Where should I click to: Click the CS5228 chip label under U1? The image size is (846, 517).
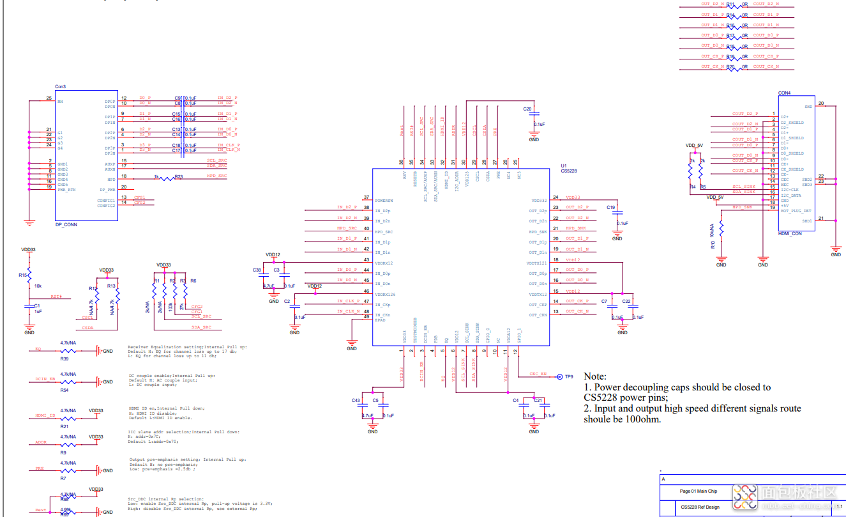pyautogui.click(x=568, y=170)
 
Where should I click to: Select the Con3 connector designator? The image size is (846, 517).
pyautogui.click(x=60, y=86)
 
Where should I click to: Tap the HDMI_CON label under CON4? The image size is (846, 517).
pyautogui.click(x=790, y=233)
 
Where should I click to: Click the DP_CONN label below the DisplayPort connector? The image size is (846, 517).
pyautogui.click(x=66, y=225)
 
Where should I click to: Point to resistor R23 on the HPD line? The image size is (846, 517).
pyautogui.click(x=179, y=177)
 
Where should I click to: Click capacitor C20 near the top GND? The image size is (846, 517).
pyautogui.click(x=527, y=109)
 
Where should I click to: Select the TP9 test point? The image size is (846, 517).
pyautogui.click(x=568, y=376)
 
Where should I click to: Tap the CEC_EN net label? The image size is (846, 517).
pyautogui.click(x=538, y=374)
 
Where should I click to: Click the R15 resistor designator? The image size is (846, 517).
pyautogui.click(x=23, y=274)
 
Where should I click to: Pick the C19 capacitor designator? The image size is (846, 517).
pyautogui.click(x=610, y=208)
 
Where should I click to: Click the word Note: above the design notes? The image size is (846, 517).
pyautogui.click(x=595, y=376)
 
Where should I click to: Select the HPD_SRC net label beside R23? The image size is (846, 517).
pyautogui.click(x=216, y=175)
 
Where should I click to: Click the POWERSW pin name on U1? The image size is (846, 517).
pyautogui.click(x=384, y=200)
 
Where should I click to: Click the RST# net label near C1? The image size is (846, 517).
pyautogui.click(x=56, y=297)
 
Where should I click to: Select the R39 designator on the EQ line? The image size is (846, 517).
pyautogui.click(x=64, y=359)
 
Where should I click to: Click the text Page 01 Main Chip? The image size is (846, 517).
pyautogui.click(x=699, y=491)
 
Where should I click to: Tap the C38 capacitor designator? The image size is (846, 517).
pyautogui.click(x=256, y=270)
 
